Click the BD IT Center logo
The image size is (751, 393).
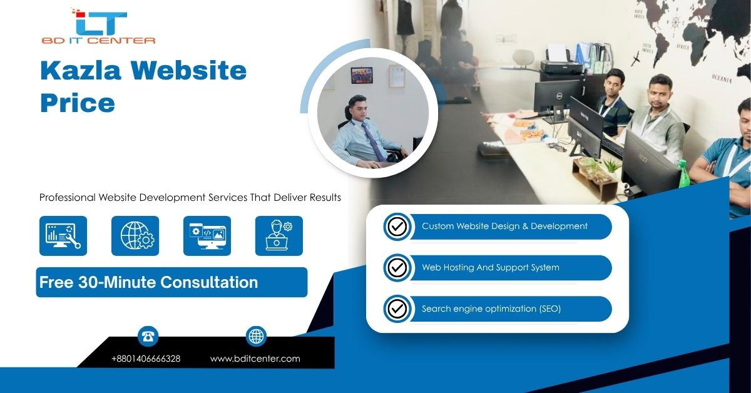(x=98, y=26)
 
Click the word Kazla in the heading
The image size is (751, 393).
(x=81, y=71)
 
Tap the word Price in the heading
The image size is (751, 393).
(x=78, y=103)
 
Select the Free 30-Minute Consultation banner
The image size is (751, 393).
(x=171, y=282)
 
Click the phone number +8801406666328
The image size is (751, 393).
(x=146, y=359)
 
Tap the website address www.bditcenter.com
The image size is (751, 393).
(x=255, y=359)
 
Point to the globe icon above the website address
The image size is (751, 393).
(x=256, y=336)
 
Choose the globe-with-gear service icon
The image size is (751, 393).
(x=135, y=236)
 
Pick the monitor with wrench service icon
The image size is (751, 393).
(x=63, y=236)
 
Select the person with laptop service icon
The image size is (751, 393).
(x=279, y=236)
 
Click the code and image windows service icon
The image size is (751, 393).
(x=207, y=236)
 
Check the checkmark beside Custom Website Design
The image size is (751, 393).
(x=397, y=227)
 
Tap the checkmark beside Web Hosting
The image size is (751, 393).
(x=397, y=268)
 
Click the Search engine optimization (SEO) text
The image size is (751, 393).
(x=491, y=309)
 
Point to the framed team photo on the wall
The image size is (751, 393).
(x=362, y=76)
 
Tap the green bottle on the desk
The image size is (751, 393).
(x=683, y=174)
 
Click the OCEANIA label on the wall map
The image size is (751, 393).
(x=722, y=78)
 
